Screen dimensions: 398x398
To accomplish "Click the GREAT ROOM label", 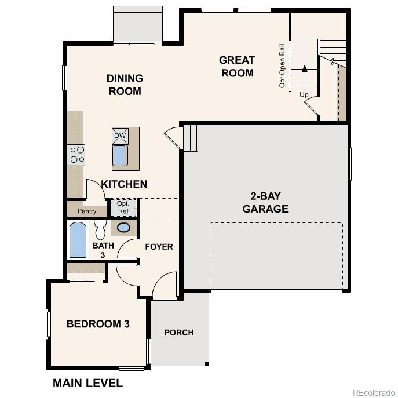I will click(236, 66).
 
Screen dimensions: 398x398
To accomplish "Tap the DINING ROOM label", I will click(125, 85).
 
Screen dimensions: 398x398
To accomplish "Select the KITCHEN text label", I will click(124, 184).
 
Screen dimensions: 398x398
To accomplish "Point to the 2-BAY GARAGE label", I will click(265, 203).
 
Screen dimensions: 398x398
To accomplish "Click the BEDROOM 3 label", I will click(98, 324).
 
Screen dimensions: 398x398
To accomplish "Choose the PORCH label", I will click(179, 332).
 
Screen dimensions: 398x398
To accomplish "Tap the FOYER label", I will click(159, 247).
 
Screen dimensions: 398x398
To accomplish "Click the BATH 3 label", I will click(99, 250).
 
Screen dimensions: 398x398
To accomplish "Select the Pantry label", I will click(87, 211).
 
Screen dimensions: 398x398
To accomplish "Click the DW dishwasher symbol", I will click(119, 136).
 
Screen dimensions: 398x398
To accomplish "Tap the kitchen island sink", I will click(119, 155).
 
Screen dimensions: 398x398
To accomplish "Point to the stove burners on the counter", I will click(77, 154).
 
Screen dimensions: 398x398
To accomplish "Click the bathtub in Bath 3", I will click(78, 240).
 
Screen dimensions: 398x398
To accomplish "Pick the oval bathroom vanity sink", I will click(123, 228).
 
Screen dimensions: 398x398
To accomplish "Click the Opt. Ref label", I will click(123, 207).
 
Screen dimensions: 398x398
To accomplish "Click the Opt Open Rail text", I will click(283, 65).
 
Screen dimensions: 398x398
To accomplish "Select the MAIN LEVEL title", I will click(87, 383).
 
